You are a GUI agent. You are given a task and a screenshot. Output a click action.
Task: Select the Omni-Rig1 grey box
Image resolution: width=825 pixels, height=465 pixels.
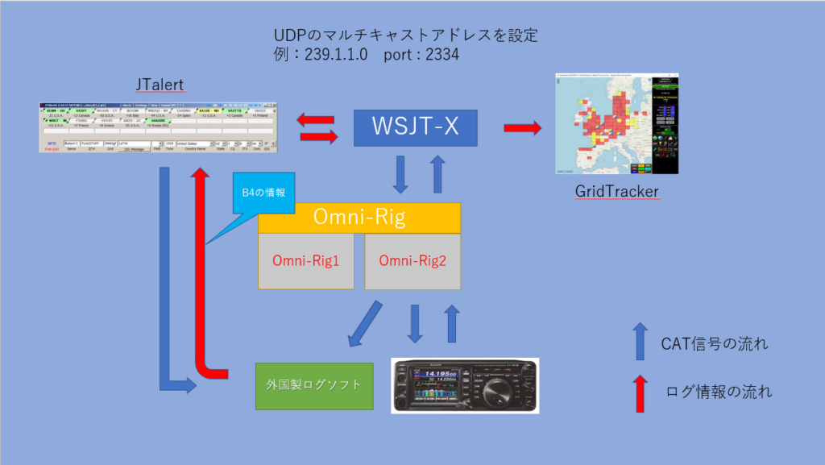coord(305,261)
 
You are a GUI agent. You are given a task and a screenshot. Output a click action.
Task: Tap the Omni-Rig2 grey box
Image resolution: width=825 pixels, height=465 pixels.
coord(412,261)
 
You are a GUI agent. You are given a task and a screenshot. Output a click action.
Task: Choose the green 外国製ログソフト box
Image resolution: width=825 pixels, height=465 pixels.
coord(314,385)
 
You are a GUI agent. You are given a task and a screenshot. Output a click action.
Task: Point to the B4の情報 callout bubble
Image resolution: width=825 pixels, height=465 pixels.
coord(264,193)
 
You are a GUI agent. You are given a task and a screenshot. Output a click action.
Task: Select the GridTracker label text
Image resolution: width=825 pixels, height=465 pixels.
coord(616,192)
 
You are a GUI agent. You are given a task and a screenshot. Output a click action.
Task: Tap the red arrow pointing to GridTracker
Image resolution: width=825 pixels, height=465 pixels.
coord(523,128)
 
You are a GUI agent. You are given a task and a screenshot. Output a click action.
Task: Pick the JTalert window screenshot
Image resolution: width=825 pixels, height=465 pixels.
coord(158,127)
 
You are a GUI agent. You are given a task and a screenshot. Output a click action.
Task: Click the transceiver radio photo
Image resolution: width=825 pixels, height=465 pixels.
coord(465,385)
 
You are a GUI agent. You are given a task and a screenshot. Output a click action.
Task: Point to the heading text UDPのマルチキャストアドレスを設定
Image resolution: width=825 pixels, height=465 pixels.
coord(405,36)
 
